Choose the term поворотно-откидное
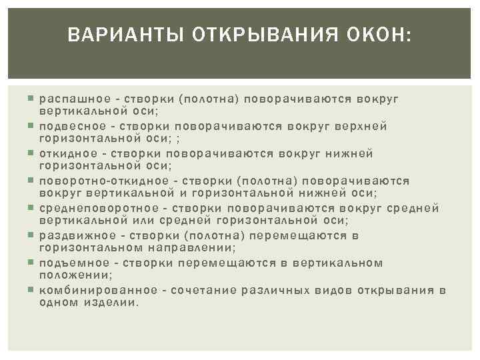pos(99,181)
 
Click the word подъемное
pos(70,263)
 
